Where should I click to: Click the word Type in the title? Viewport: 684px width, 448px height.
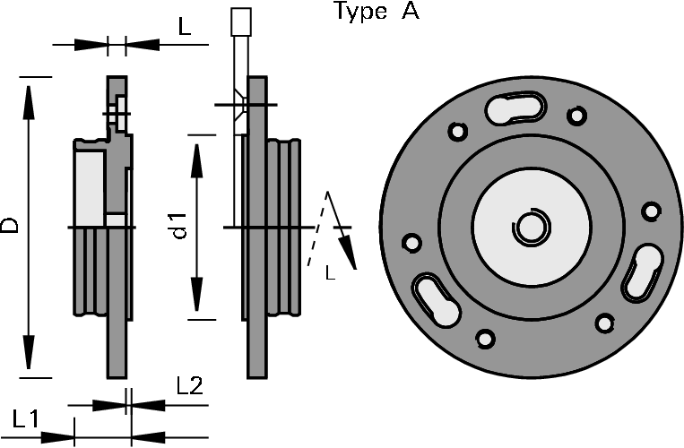click(360, 12)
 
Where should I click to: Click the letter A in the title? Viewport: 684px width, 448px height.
click(411, 11)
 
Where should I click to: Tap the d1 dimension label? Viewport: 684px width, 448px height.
click(178, 226)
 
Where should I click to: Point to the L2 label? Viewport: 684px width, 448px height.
click(190, 385)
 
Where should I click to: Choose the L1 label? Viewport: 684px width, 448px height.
click(26, 418)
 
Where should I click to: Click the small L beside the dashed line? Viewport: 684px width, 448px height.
click(330, 273)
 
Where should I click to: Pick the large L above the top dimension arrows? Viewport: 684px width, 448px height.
click(185, 27)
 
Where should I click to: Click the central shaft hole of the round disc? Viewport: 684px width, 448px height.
click(531, 228)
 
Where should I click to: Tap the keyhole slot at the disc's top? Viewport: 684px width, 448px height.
click(515, 108)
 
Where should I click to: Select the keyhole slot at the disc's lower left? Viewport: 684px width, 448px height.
click(436, 299)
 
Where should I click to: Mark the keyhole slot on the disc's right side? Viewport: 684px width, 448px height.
click(642, 272)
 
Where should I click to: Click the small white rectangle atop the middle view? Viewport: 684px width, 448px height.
click(241, 22)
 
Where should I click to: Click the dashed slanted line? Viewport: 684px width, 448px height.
click(317, 228)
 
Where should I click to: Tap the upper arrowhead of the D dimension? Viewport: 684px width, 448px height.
click(29, 102)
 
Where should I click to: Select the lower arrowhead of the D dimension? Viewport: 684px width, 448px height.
click(29, 352)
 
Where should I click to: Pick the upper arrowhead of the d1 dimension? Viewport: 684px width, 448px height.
click(197, 161)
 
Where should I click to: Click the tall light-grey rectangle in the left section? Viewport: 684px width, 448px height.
click(90, 189)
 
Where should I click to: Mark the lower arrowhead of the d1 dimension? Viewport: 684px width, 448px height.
click(197, 294)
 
